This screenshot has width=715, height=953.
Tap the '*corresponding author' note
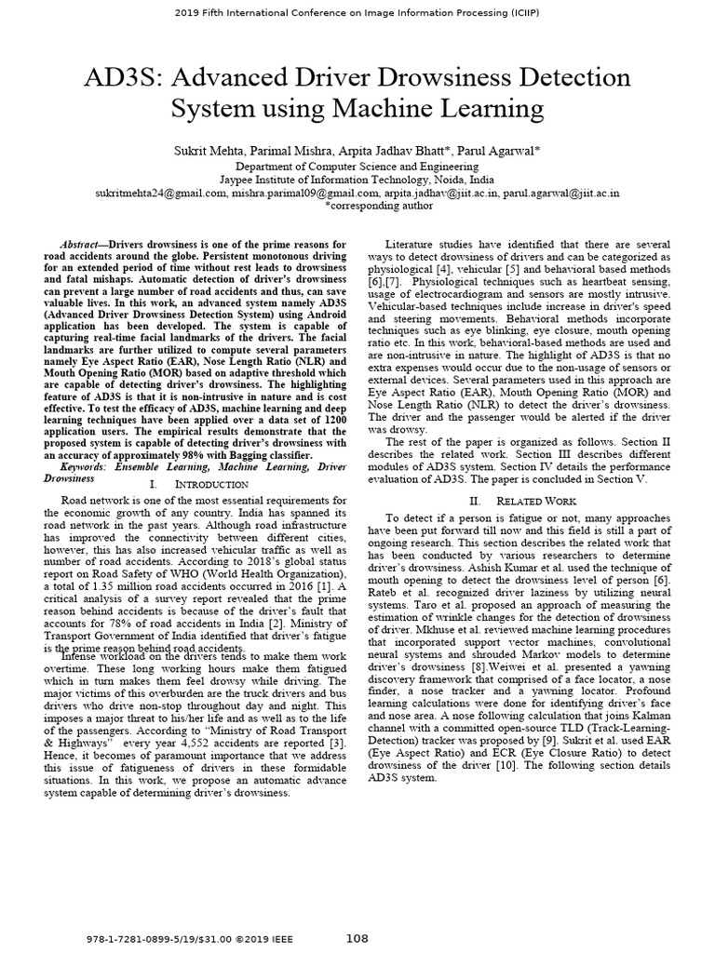[357, 208]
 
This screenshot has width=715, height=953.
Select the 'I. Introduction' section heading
[198, 485]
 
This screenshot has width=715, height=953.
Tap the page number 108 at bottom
[357, 937]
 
